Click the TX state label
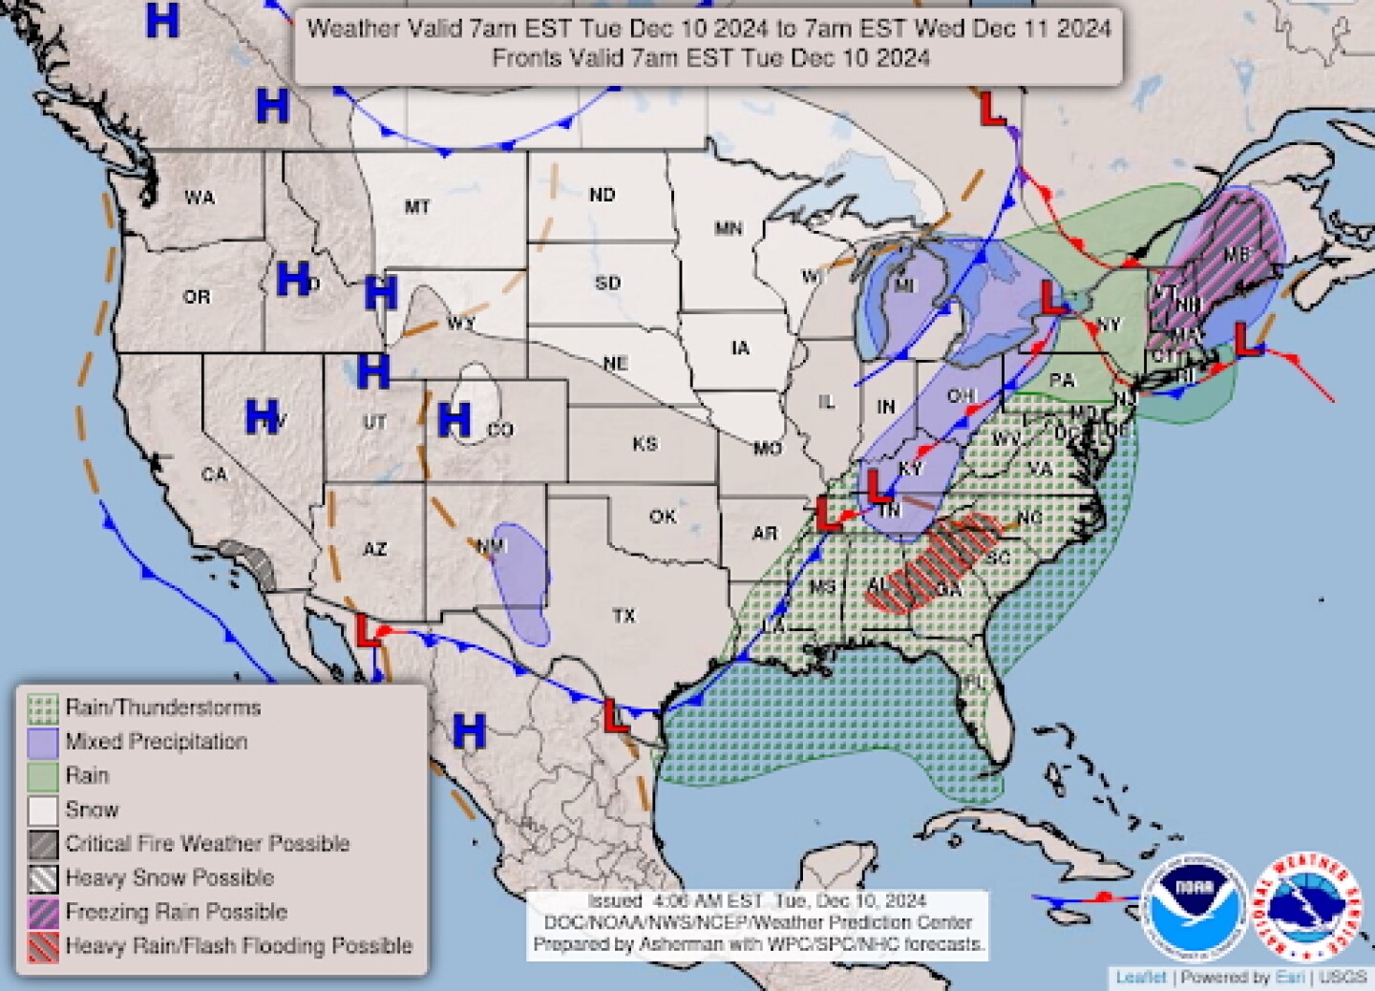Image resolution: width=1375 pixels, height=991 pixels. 624,616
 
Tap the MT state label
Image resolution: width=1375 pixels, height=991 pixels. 417,206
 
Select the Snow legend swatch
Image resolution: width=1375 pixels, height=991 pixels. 43,811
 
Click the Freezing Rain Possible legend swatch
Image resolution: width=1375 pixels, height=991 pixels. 43,913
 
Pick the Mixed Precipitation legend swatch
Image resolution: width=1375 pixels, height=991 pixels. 43,742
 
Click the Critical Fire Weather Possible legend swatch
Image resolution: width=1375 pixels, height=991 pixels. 43,844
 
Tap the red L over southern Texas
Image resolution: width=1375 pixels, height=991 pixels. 616,715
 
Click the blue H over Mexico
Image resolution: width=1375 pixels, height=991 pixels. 469,731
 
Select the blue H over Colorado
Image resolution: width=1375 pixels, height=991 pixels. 455,419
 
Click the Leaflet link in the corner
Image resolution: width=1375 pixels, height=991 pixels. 1141,978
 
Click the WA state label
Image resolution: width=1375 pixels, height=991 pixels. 200,198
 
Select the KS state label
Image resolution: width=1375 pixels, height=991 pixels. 645,444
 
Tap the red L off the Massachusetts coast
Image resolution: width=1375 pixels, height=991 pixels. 1244,339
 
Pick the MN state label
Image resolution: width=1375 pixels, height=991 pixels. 729,228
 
